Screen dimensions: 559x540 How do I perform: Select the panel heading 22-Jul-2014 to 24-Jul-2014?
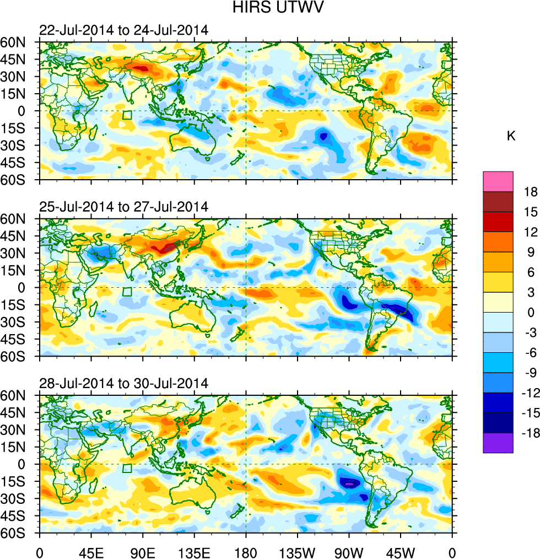[123, 30]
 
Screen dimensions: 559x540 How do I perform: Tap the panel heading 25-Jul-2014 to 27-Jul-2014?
[123, 207]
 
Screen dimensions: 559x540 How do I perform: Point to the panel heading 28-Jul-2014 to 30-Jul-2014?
[123, 383]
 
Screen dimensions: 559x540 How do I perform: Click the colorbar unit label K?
[511, 136]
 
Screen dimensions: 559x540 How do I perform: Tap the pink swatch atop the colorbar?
[498, 181]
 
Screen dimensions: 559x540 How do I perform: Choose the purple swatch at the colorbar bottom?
[498, 443]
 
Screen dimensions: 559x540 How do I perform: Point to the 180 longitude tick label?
[246, 552]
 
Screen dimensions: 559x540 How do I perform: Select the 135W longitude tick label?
[298, 552]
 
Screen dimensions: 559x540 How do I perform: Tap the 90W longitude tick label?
[349, 552]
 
